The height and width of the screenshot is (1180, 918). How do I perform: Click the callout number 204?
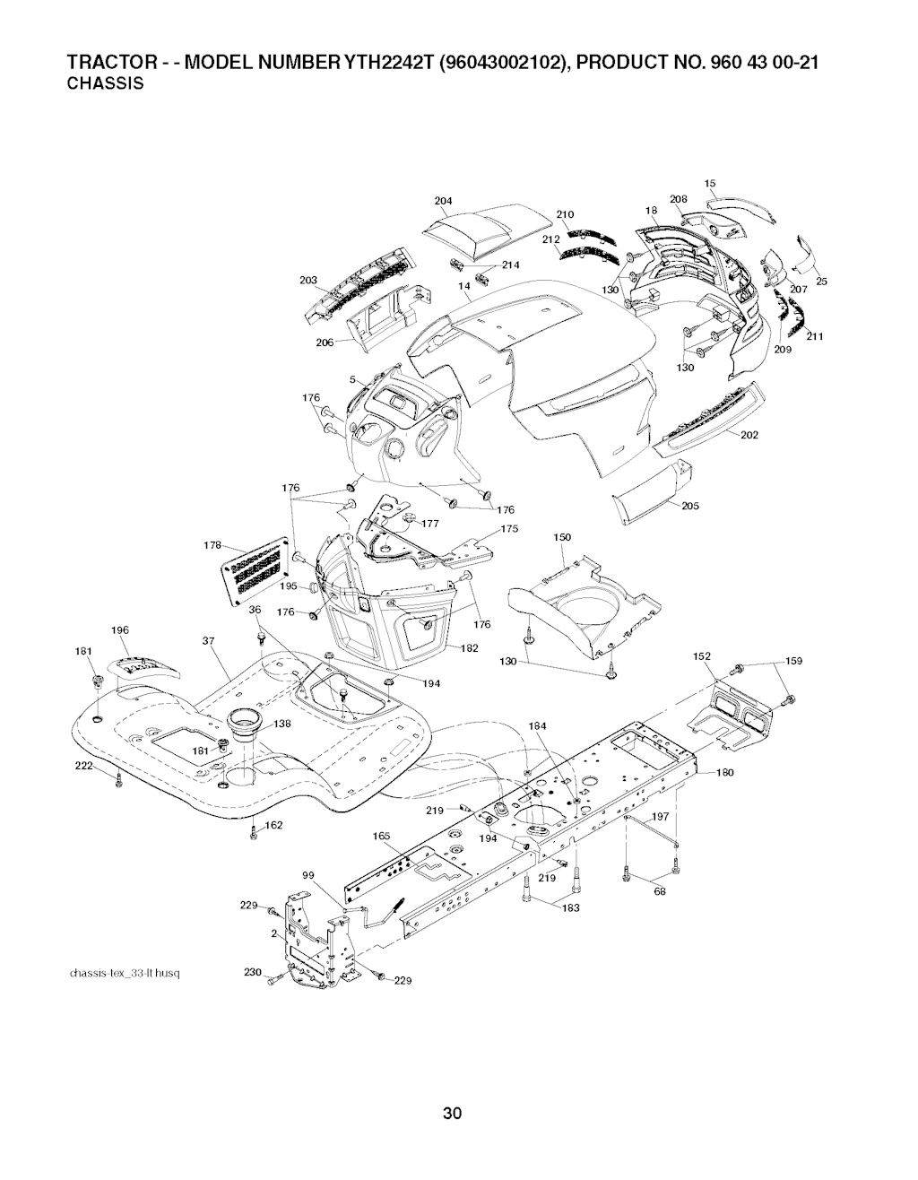(443, 200)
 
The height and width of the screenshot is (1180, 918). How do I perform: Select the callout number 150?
(562, 537)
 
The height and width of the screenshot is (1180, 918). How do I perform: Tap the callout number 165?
(381, 836)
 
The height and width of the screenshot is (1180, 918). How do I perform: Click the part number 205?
(690, 506)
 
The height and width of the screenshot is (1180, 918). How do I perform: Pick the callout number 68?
(660, 890)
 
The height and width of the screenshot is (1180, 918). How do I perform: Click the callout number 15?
(710, 183)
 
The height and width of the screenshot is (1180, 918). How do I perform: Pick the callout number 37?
(210, 640)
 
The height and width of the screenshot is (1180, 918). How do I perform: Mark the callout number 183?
(570, 907)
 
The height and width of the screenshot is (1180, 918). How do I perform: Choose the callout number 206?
(325, 343)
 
